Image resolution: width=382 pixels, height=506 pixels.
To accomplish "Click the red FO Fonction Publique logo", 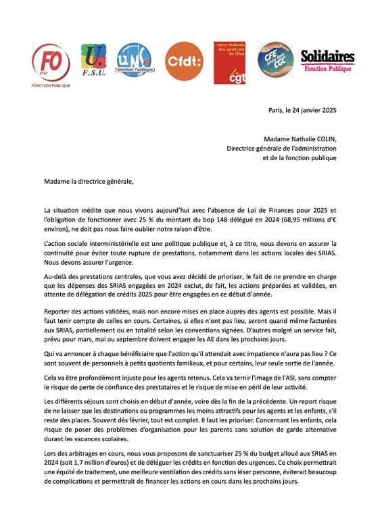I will click(51, 65).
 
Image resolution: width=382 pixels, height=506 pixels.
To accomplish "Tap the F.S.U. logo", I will click(93, 60).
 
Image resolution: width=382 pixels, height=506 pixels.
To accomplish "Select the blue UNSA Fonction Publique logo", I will click(135, 60).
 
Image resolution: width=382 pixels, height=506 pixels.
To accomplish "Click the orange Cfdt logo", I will click(184, 61).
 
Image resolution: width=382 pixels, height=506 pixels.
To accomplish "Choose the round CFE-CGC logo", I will click(274, 60).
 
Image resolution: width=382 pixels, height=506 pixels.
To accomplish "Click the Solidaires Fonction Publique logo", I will click(327, 60).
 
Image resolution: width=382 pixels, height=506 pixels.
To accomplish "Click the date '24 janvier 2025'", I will click(310, 109).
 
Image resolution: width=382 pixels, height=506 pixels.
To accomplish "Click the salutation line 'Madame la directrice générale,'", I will click(85, 181).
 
